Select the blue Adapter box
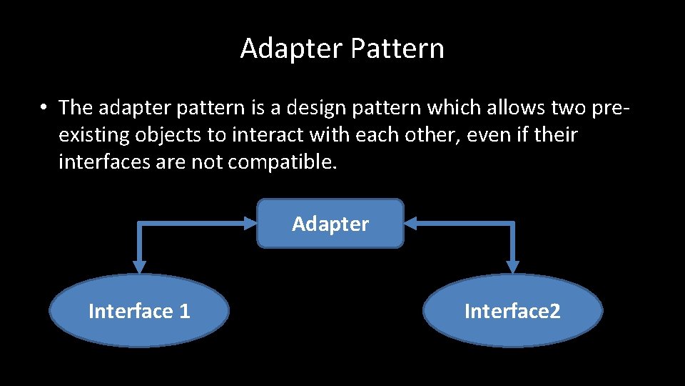(330, 224)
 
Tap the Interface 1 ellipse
(139, 311)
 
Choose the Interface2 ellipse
(512, 311)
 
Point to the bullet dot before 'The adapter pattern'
(44, 108)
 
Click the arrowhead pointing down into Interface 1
(139, 266)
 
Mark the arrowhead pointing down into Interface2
(512, 266)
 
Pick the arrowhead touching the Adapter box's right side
(412, 224)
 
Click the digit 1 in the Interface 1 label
(185, 311)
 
